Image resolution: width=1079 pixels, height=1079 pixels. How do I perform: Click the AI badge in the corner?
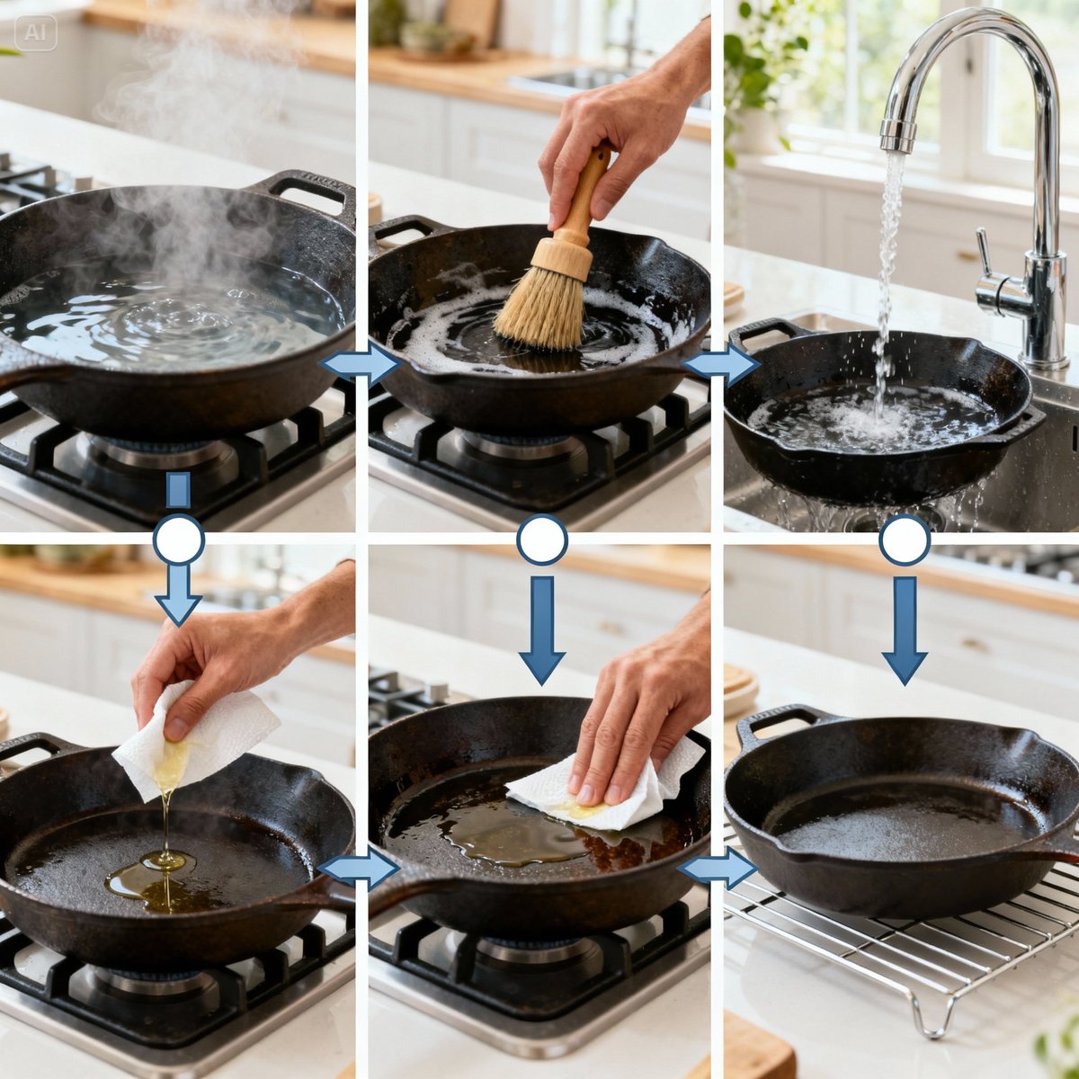[36, 31]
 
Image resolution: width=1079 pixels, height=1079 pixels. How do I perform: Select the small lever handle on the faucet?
[986, 256]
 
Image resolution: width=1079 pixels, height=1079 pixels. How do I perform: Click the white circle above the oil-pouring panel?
[179, 539]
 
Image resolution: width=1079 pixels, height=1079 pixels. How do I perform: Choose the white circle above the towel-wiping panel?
[542, 539]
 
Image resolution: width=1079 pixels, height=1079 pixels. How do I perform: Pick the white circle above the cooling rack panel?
[905, 539]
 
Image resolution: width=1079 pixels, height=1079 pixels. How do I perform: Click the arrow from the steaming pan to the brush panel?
[360, 365]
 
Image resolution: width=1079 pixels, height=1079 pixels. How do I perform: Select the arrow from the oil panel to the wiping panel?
[360, 869]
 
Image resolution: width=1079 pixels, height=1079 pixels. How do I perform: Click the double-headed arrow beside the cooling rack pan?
[717, 869]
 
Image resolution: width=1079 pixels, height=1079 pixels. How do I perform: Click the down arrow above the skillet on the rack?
[905, 629]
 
